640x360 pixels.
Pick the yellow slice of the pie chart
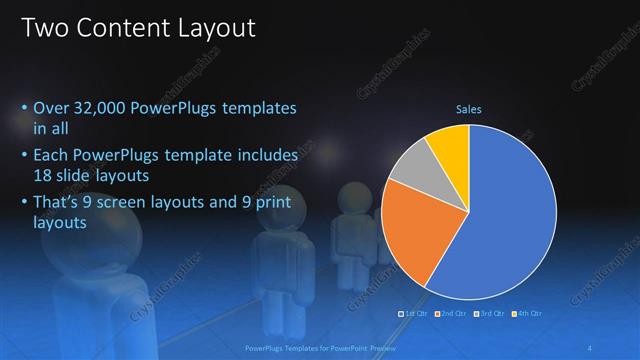451,148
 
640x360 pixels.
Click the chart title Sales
470,109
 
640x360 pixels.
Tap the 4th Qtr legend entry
528,314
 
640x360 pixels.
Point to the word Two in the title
44,28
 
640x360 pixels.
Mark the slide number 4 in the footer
590,347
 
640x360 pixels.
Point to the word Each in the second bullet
53,156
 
